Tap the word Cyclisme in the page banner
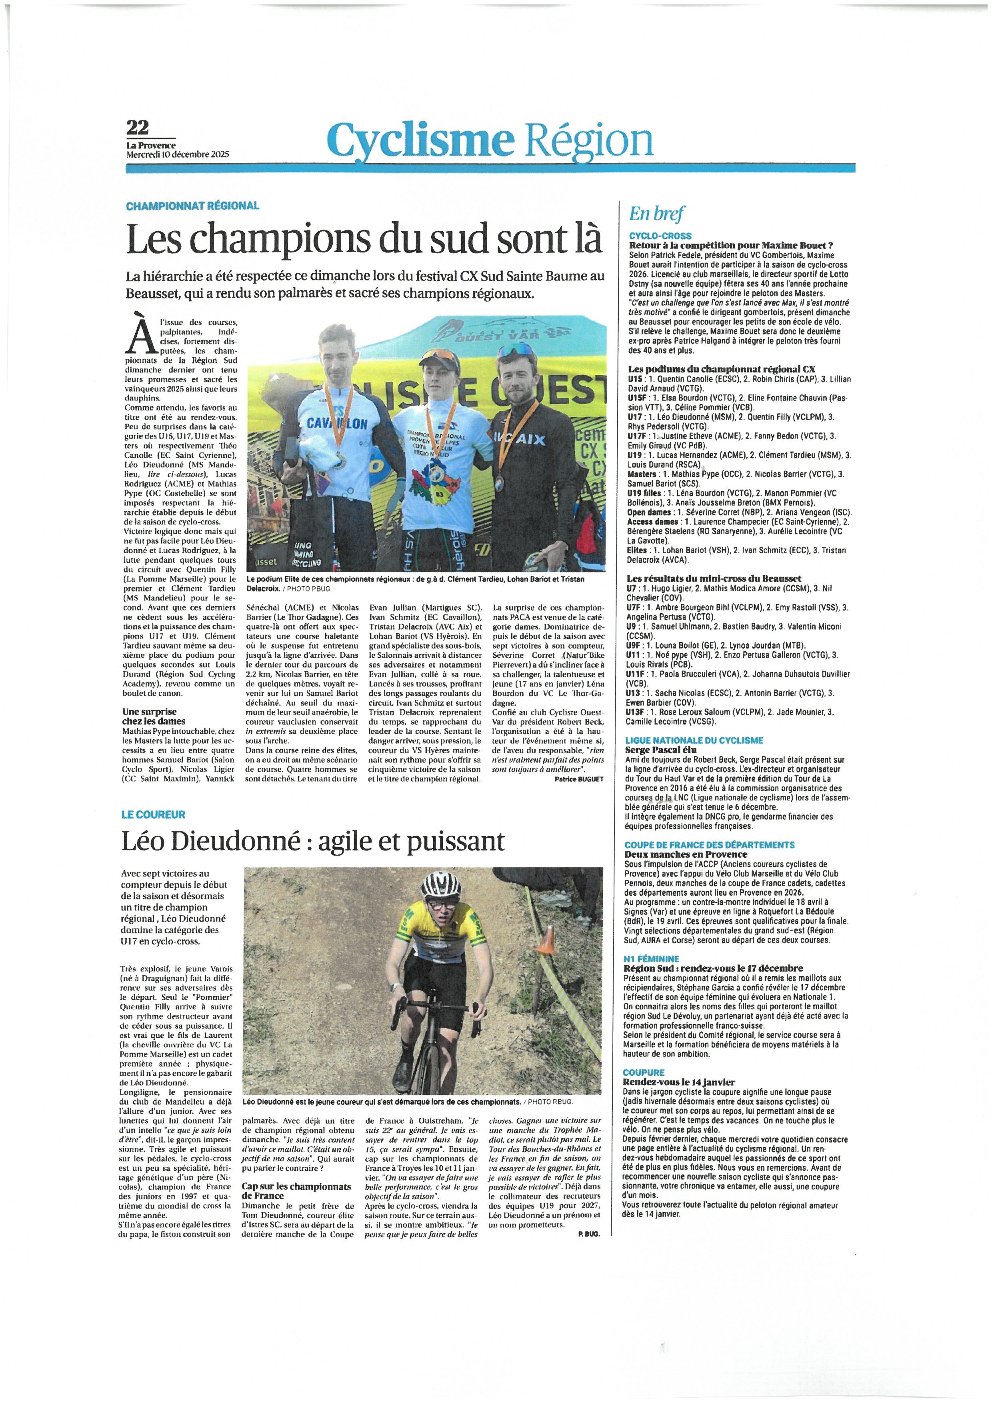418,140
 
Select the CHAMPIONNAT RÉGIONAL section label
192,206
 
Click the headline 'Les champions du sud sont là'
364,240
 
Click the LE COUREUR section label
153,815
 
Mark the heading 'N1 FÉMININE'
651,959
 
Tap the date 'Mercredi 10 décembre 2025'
177,154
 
